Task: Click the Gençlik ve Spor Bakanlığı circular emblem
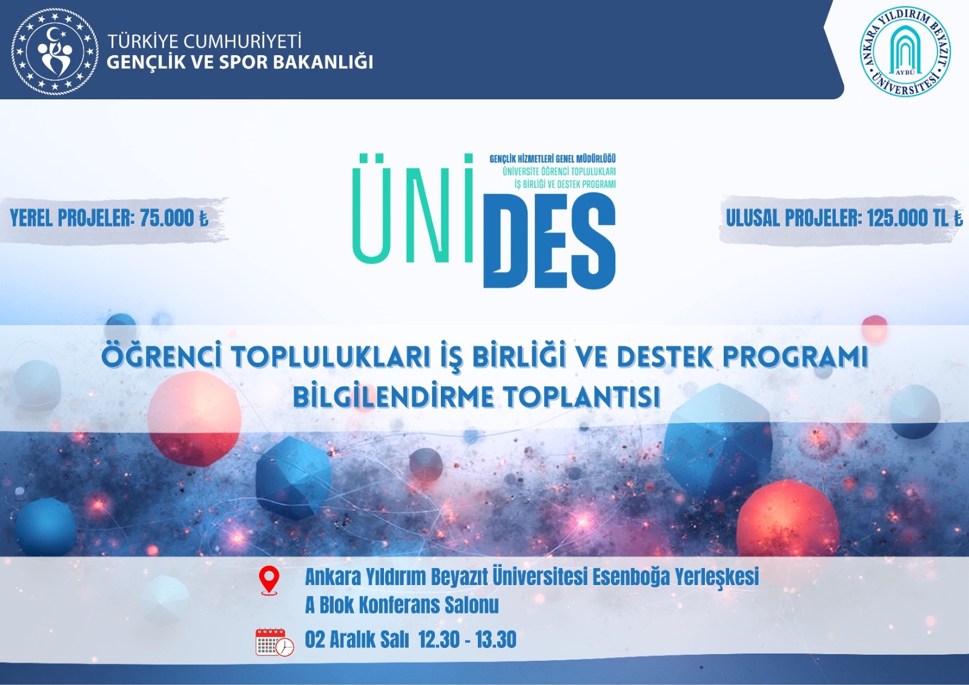(x=55, y=52)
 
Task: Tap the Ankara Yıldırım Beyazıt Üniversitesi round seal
(x=905, y=51)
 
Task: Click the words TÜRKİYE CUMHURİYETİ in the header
(x=204, y=42)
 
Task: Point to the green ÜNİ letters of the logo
(x=413, y=208)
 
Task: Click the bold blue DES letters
(x=549, y=240)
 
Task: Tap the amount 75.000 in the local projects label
(x=167, y=217)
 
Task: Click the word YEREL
(x=31, y=217)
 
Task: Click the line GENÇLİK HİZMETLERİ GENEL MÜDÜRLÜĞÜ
(x=552, y=159)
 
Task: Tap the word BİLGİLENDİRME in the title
(x=394, y=397)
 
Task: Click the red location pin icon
(x=269, y=581)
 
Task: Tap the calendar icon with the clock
(x=275, y=642)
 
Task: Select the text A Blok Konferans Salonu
(x=402, y=605)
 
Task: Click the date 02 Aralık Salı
(x=357, y=640)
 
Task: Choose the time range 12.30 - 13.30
(x=468, y=640)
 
